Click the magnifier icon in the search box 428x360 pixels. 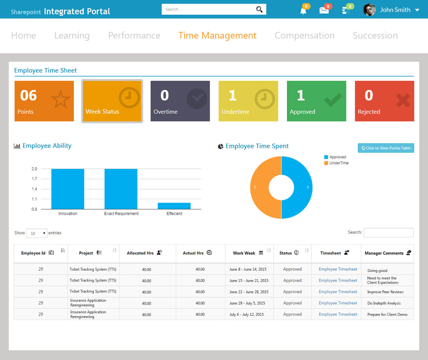[259, 9]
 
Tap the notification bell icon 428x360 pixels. [303, 11]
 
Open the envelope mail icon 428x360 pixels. [324, 10]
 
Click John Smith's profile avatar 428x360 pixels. [369, 10]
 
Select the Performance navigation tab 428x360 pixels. [134, 35]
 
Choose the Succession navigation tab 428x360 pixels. [375, 35]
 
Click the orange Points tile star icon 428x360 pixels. [60, 99]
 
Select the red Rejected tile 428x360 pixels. [384, 101]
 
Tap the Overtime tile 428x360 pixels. [180, 101]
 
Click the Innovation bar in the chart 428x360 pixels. [68, 189]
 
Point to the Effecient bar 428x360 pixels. [174, 206]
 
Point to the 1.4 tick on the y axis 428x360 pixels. [34, 189]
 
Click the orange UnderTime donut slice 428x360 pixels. [259, 188]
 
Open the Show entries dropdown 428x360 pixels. [37, 233]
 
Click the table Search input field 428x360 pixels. [388, 233]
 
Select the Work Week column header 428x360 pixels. [244, 253]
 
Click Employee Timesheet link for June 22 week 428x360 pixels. [338, 292]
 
